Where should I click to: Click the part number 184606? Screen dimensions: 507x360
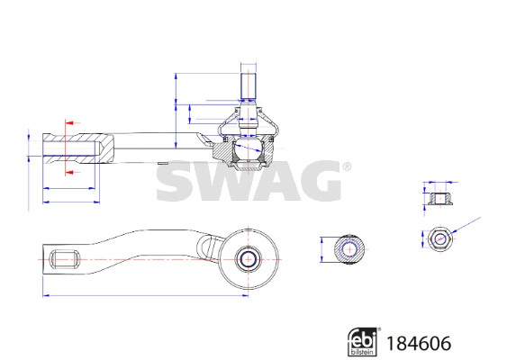419,343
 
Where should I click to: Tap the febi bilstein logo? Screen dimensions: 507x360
363,342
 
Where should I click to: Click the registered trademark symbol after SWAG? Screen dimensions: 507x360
347,166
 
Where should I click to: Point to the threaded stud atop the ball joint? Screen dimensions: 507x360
249,86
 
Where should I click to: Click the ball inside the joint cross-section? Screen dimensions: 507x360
249,149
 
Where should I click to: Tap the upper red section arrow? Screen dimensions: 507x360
72,122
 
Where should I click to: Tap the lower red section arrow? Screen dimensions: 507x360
72,172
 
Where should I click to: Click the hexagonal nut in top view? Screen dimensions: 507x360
439,239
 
